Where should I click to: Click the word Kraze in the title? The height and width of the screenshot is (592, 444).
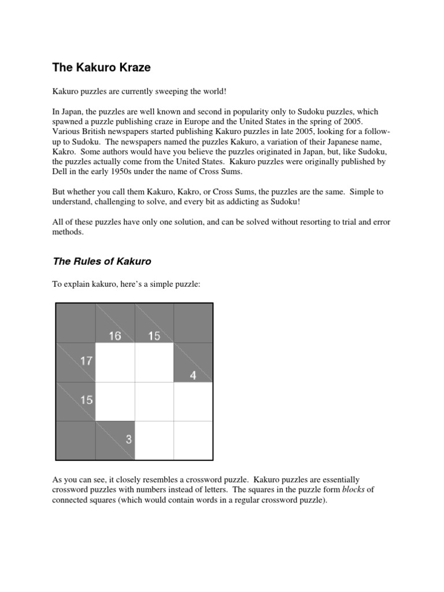(x=131, y=67)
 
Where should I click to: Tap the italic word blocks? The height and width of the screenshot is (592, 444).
(x=353, y=489)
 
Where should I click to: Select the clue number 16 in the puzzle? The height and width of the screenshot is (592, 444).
(x=115, y=335)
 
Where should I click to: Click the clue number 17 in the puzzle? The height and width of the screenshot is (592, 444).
(x=86, y=361)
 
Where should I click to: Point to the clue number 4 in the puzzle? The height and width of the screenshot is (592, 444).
(x=193, y=375)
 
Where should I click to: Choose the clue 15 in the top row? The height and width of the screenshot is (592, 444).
(x=154, y=335)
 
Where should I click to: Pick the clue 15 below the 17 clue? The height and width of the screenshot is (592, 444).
(x=86, y=399)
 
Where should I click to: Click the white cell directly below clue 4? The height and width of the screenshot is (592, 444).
(x=193, y=401)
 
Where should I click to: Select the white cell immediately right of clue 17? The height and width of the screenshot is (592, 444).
(x=115, y=362)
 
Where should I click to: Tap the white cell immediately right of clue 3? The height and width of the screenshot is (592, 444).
(x=154, y=441)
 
